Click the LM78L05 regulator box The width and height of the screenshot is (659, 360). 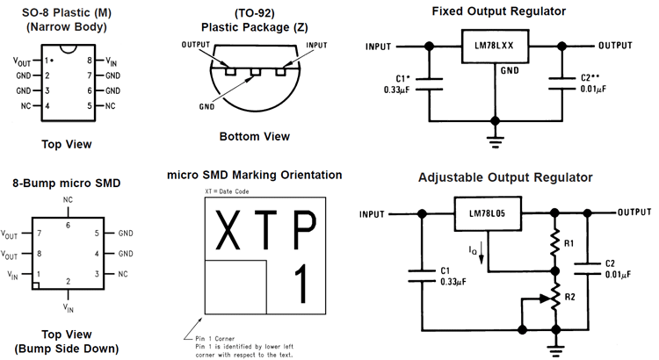click(486, 213)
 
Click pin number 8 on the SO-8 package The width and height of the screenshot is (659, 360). click(90, 61)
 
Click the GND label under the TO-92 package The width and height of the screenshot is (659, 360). click(207, 105)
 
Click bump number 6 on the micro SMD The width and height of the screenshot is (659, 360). click(69, 226)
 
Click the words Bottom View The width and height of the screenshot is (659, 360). click(253, 136)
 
